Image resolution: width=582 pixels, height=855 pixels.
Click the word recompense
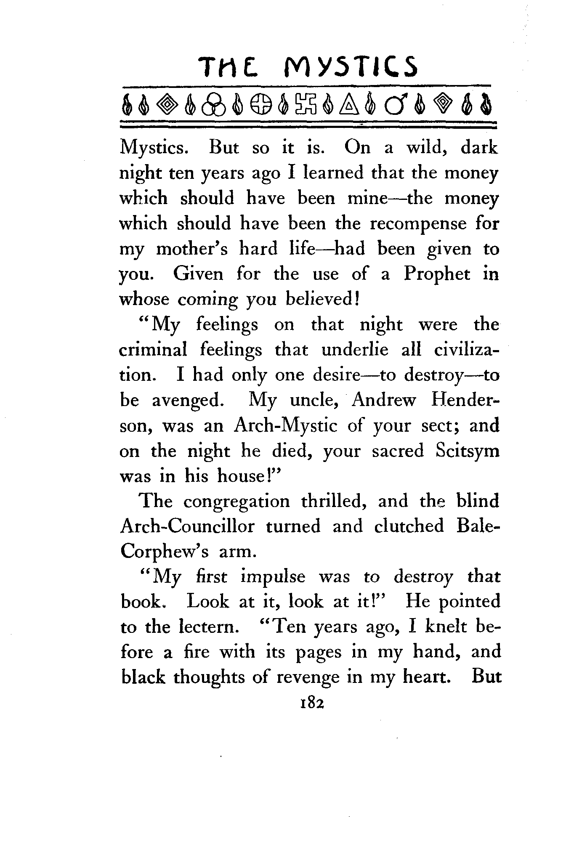point(418,223)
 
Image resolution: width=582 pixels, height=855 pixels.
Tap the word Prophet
point(436,274)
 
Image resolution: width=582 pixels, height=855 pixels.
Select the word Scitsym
point(467,451)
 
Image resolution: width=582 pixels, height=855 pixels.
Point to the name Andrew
point(384,400)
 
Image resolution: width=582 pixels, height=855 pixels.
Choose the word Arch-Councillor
point(187,526)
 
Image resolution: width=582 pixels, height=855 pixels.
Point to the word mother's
point(191,249)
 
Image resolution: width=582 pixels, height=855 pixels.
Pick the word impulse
point(273,577)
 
